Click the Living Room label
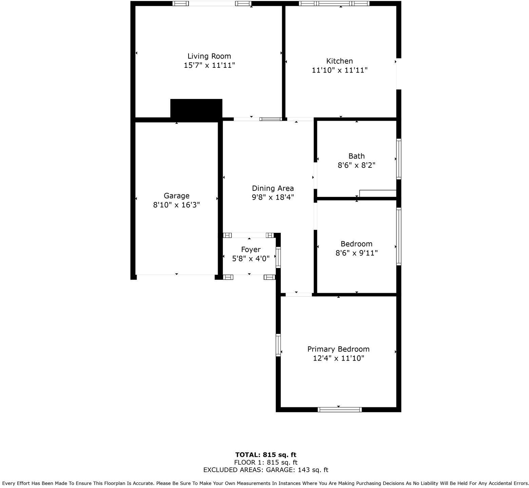click(209, 56)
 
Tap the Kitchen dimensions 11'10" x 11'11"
click(339, 70)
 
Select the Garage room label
click(176, 196)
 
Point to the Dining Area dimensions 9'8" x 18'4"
click(273, 197)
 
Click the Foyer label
click(251, 250)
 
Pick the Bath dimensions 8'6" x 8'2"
click(356, 165)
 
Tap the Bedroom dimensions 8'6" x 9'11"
click(356, 253)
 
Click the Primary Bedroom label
click(338, 349)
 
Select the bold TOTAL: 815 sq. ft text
click(266, 455)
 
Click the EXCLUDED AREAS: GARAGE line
click(266, 470)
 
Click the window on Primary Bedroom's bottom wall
click(339, 410)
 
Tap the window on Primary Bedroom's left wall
click(278, 345)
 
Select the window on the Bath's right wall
click(399, 159)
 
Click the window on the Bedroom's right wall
click(399, 236)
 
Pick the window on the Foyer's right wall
click(278, 258)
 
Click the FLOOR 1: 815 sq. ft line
click(266, 462)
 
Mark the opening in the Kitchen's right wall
click(398, 74)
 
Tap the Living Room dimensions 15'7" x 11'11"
click(209, 65)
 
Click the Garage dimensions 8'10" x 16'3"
click(176, 205)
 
